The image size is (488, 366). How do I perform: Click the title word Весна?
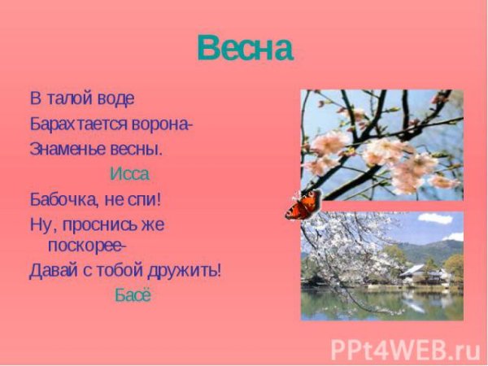pos(244,50)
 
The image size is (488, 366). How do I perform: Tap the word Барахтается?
pos(77,124)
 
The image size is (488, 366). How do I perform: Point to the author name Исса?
pos(129,174)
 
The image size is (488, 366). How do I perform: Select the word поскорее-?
pos(89,244)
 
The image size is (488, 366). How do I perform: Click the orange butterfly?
pos(303,205)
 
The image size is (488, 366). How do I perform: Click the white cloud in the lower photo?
pos(436,218)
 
